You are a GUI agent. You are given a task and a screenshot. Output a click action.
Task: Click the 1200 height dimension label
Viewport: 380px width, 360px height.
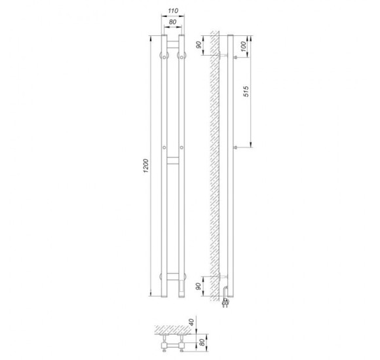click(x=145, y=166)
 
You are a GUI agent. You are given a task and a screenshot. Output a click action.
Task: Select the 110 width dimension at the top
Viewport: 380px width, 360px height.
click(x=173, y=11)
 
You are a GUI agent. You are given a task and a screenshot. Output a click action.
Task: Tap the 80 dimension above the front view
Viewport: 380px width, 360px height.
click(x=172, y=22)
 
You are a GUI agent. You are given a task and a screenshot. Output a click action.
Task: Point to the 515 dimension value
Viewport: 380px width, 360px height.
click(x=246, y=91)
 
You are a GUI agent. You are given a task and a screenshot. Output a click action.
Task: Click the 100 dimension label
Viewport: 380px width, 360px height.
click(x=244, y=46)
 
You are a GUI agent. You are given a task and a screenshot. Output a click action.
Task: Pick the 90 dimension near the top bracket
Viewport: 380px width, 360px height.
click(x=199, y=45)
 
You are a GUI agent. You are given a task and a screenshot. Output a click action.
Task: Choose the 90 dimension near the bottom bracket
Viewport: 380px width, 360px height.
click(x=199, y=287)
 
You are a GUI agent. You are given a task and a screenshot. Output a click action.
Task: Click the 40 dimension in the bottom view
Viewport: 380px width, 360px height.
click(x=192, y=322)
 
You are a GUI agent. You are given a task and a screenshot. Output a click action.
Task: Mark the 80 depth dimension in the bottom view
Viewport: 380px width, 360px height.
click(x=202, y=342)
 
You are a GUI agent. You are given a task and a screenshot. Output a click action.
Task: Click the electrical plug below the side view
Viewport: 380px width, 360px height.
click(x=225, y=303)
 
